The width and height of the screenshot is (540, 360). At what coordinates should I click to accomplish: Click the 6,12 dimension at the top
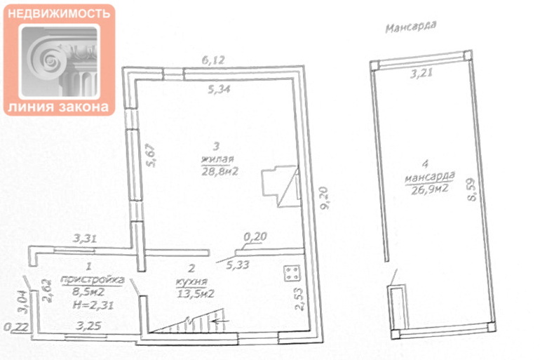click(x=213, y=60)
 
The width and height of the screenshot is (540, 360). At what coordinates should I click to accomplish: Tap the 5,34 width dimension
click(x=220, y=89)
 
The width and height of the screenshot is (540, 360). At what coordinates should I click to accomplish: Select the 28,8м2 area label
click(x=220, y=171)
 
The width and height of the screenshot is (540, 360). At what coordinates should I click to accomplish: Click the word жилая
click(x=217, y=159)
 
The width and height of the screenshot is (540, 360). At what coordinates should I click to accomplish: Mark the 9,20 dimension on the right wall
click(x=324, y=198)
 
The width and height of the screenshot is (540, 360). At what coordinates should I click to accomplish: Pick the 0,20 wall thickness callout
click(x=255, y=236)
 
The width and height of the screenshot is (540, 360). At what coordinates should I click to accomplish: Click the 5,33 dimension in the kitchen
click(x=238, y=265)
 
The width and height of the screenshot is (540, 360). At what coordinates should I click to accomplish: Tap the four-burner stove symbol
click(x=292, y=273)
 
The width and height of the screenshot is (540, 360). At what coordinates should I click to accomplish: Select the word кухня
click(x=191, y=282)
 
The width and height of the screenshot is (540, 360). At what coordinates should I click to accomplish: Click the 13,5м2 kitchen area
click(x=196, y=293)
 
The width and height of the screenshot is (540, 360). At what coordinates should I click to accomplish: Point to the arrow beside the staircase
click(x=221, y=321)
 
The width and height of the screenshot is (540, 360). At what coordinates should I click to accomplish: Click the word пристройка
click(x=93, y=280)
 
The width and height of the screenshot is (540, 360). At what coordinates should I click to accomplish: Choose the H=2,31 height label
click(x=93, y=305)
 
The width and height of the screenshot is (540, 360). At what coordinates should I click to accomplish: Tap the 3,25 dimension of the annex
click(x=88, y=326)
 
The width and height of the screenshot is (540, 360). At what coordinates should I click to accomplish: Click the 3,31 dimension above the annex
click(x=84, y=239)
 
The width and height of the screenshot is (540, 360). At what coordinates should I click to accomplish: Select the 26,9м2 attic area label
click(x=430, y=189)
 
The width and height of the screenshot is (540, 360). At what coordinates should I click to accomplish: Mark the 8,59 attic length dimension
click(x=471, y=189)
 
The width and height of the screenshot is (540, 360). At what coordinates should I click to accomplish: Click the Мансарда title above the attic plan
click(x=411, y=27)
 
